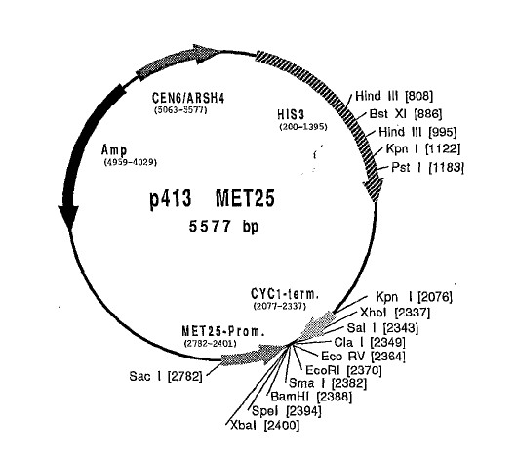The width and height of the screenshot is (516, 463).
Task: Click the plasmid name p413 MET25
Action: pos(212,198)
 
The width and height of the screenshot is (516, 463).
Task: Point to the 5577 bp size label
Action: pos(223,227)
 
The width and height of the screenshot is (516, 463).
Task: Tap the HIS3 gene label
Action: pos(291,114)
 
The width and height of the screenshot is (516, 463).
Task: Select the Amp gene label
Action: pos(114,150)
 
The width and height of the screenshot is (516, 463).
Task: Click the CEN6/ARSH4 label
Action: pos(188,98)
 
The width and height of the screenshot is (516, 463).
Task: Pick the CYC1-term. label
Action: pos(285,294)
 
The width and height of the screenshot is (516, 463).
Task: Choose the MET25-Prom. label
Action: pos(223,331)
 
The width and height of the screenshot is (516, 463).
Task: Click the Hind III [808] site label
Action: pos(394,96)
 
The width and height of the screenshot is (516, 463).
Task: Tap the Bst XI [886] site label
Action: pos(406,114)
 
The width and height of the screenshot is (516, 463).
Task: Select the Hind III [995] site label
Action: pos(417,132)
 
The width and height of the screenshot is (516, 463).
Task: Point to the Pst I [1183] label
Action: pos(427,167)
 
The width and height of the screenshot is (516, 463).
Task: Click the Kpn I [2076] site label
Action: pos(414,297)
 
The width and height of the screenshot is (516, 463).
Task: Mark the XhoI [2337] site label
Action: pos(395,312)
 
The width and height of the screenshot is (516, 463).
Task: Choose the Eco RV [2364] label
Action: pos(363,357)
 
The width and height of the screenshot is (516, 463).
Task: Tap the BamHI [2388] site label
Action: pos(311,397)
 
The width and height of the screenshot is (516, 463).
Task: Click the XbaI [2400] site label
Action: pos(265,425)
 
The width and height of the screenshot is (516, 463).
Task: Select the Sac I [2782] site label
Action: pos(166,376)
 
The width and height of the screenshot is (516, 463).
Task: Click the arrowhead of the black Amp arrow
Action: pos(68,217)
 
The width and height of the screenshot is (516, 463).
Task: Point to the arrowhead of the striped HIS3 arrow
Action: pos(374,190)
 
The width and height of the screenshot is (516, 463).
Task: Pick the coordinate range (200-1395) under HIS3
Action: pos(303,127)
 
